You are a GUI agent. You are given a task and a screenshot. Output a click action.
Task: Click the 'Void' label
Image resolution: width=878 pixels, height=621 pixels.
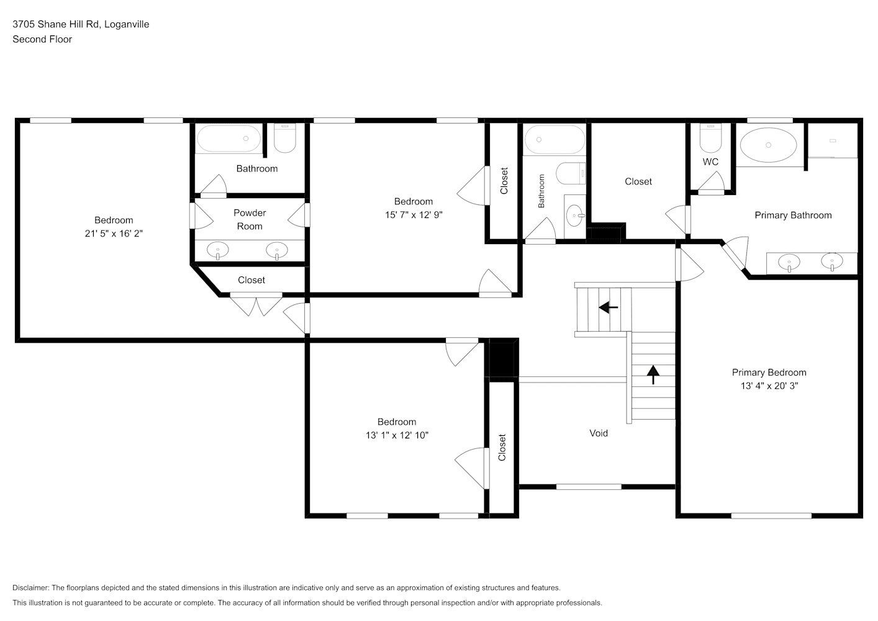pos(599,433)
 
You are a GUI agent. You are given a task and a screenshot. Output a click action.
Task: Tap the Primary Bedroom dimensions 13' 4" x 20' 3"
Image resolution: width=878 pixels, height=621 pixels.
pos(769,386)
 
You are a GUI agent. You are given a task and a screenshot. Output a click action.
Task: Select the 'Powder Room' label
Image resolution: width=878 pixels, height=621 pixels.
pos(250,220)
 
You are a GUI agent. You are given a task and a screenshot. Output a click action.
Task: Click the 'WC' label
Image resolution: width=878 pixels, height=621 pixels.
pos(710,162)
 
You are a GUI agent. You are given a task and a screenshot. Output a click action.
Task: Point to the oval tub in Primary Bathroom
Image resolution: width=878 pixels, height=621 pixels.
pos(768,145)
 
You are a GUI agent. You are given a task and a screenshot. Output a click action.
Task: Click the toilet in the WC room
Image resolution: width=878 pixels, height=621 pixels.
pos(710,138)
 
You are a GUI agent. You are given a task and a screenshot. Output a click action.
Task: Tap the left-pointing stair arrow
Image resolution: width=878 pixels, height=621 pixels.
pos(609,307)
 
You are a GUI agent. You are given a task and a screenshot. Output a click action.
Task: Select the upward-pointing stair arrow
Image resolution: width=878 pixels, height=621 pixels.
pos(653,375)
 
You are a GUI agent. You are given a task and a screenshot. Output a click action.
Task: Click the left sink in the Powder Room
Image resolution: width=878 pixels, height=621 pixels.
pos(218,250)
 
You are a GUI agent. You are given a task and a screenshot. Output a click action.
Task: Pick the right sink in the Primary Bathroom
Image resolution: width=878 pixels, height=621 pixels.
pos(832,261)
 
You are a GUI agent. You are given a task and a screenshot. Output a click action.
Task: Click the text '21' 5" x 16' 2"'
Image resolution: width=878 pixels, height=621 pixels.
pos(114,233)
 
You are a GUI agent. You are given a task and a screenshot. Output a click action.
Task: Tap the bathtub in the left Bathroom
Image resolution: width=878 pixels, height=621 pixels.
pos(229,138)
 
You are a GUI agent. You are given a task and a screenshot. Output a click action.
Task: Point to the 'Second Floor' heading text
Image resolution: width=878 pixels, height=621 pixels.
pos(42,39)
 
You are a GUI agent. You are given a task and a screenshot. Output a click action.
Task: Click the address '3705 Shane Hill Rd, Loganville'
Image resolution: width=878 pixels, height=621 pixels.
pos(81,24)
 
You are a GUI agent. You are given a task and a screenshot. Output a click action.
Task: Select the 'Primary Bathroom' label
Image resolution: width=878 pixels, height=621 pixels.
pos(793,215)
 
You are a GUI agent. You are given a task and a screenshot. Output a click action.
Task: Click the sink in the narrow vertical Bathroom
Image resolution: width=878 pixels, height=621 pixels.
pos(575,215)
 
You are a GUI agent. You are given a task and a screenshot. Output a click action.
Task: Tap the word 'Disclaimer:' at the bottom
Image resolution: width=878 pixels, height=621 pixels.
pos(31,587)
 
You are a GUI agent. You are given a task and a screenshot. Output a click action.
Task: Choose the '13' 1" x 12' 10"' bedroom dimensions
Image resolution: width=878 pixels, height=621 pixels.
pos(397,435)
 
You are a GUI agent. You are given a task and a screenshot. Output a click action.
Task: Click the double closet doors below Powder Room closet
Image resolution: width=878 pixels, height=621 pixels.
pos(256,306)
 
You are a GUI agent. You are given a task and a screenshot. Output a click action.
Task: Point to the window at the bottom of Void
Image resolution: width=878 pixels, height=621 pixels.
pos(589,487)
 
